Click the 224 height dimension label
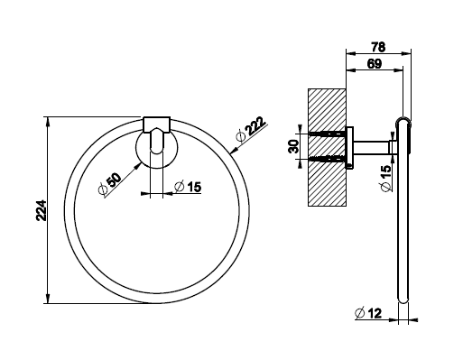click(42, 210)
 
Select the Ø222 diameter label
click(251, 129)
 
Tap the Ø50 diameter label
click(110, 184)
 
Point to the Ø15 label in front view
click(188, 187)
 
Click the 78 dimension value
click(378, 47)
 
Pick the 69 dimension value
click(375, 64)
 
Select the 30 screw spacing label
click(294, 146)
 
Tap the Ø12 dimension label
click(368, 313)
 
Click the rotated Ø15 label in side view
click(386, 179)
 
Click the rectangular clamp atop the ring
click(156, 125)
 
